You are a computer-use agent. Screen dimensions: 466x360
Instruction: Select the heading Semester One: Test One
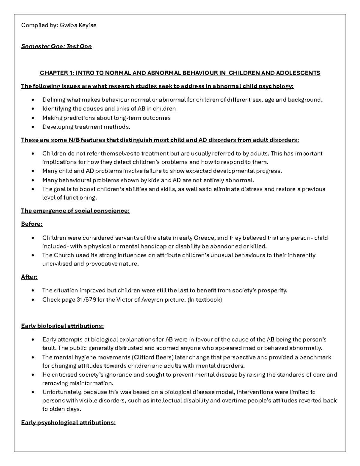56,47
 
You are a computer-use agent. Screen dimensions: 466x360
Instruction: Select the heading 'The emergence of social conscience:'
75,211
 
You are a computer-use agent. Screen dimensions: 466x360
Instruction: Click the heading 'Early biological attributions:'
62,326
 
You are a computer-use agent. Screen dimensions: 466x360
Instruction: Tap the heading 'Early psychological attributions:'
68,423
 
